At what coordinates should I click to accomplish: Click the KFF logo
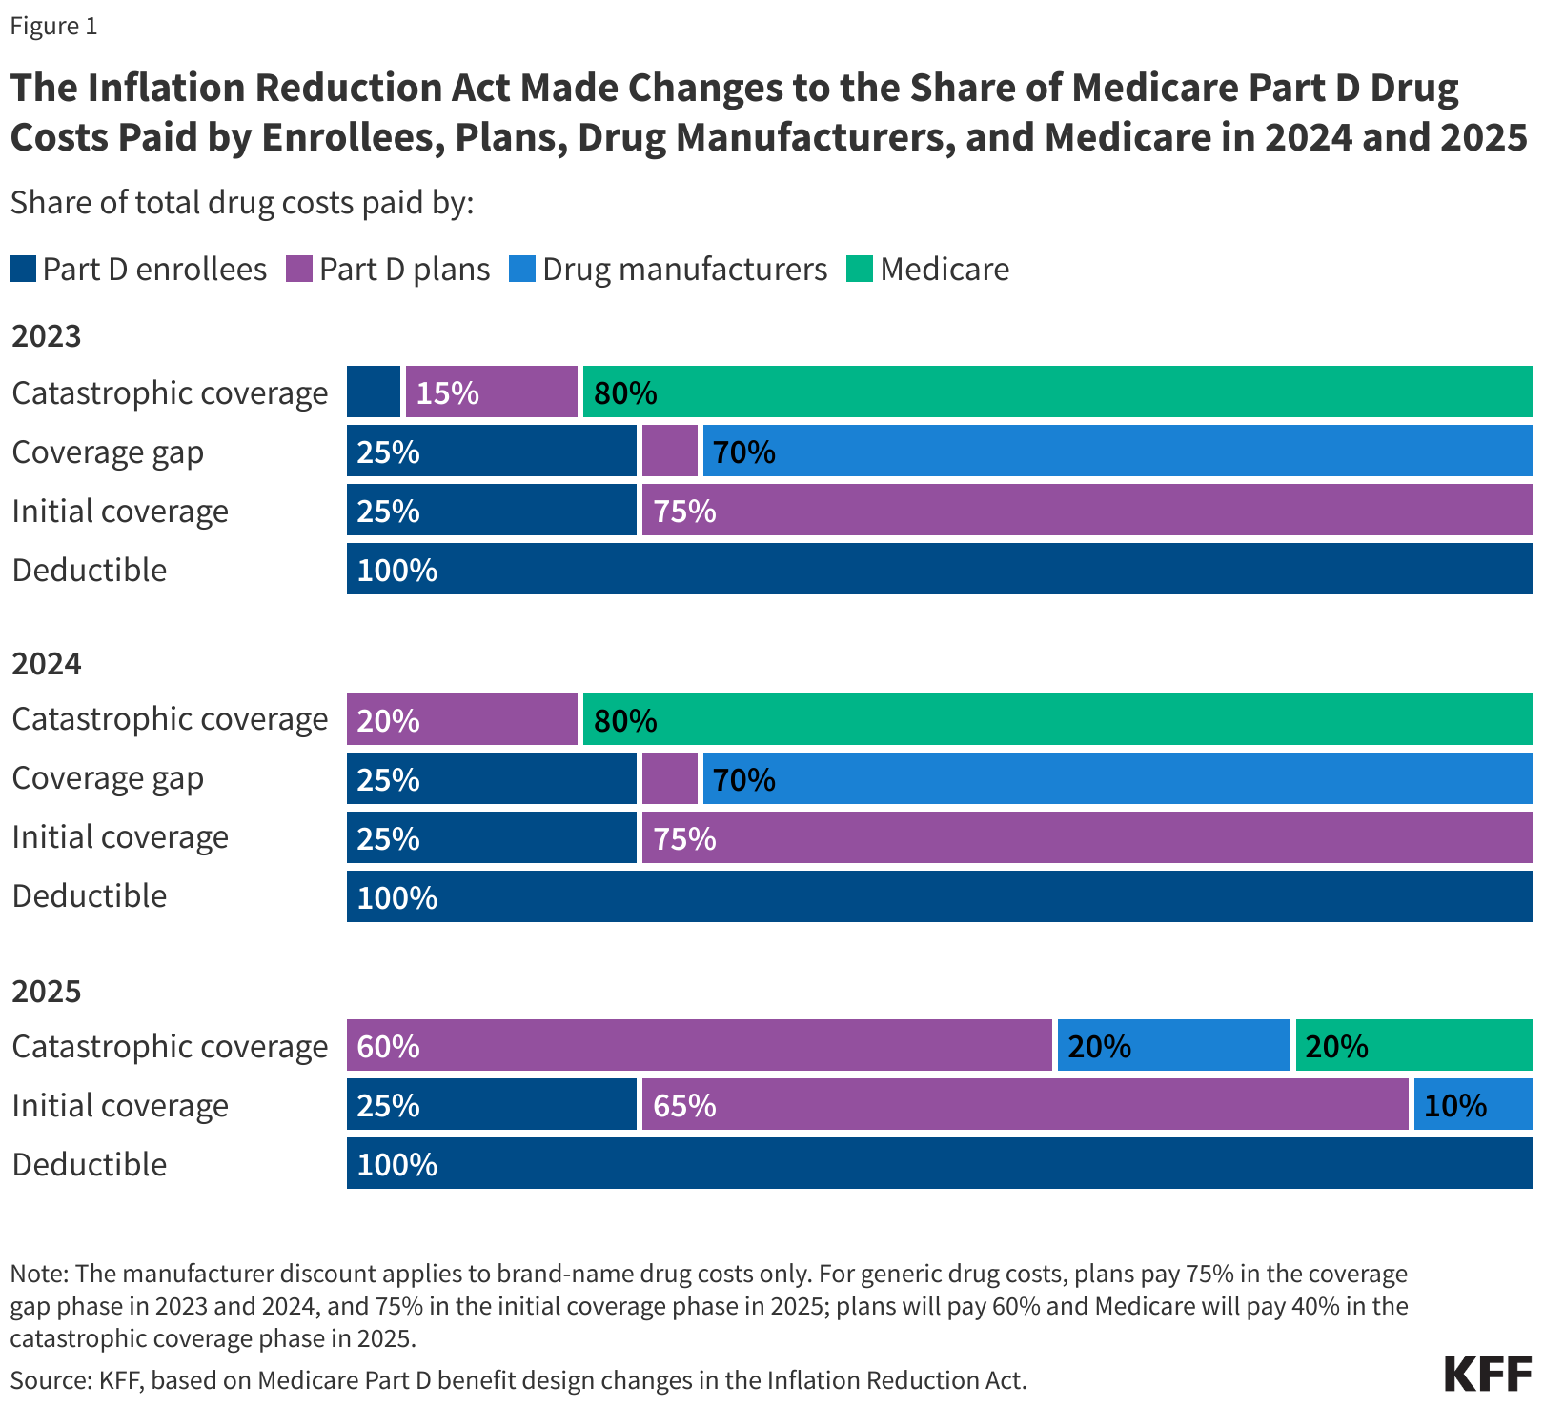click(1488, 1375)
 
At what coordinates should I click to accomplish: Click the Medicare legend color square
click(859, 270)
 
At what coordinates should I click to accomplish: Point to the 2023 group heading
click(47, 336)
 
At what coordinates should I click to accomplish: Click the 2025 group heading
click(47, 992)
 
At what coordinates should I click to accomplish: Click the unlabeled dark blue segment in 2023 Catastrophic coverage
click(373, 392)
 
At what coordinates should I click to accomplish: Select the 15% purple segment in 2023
click(491, 392)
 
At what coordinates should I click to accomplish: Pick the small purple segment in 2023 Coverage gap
click(669, 452)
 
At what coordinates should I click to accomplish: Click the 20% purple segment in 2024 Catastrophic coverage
click(461, 719)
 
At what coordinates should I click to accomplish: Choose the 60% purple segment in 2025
click(699, 1046)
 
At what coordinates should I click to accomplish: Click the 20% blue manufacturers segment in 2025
click(1173, 1046)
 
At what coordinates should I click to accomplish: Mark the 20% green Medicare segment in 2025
click(1413, 1046)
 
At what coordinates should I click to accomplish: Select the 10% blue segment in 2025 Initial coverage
click(1473, 1105)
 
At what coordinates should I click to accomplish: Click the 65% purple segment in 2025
click(1025, 1105)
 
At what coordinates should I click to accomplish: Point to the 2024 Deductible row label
click(90, 896)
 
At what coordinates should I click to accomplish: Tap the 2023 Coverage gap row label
click(108, 452)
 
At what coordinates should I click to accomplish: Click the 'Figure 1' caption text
click(53, 26)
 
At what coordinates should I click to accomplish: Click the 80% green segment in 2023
click(1057, 392)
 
